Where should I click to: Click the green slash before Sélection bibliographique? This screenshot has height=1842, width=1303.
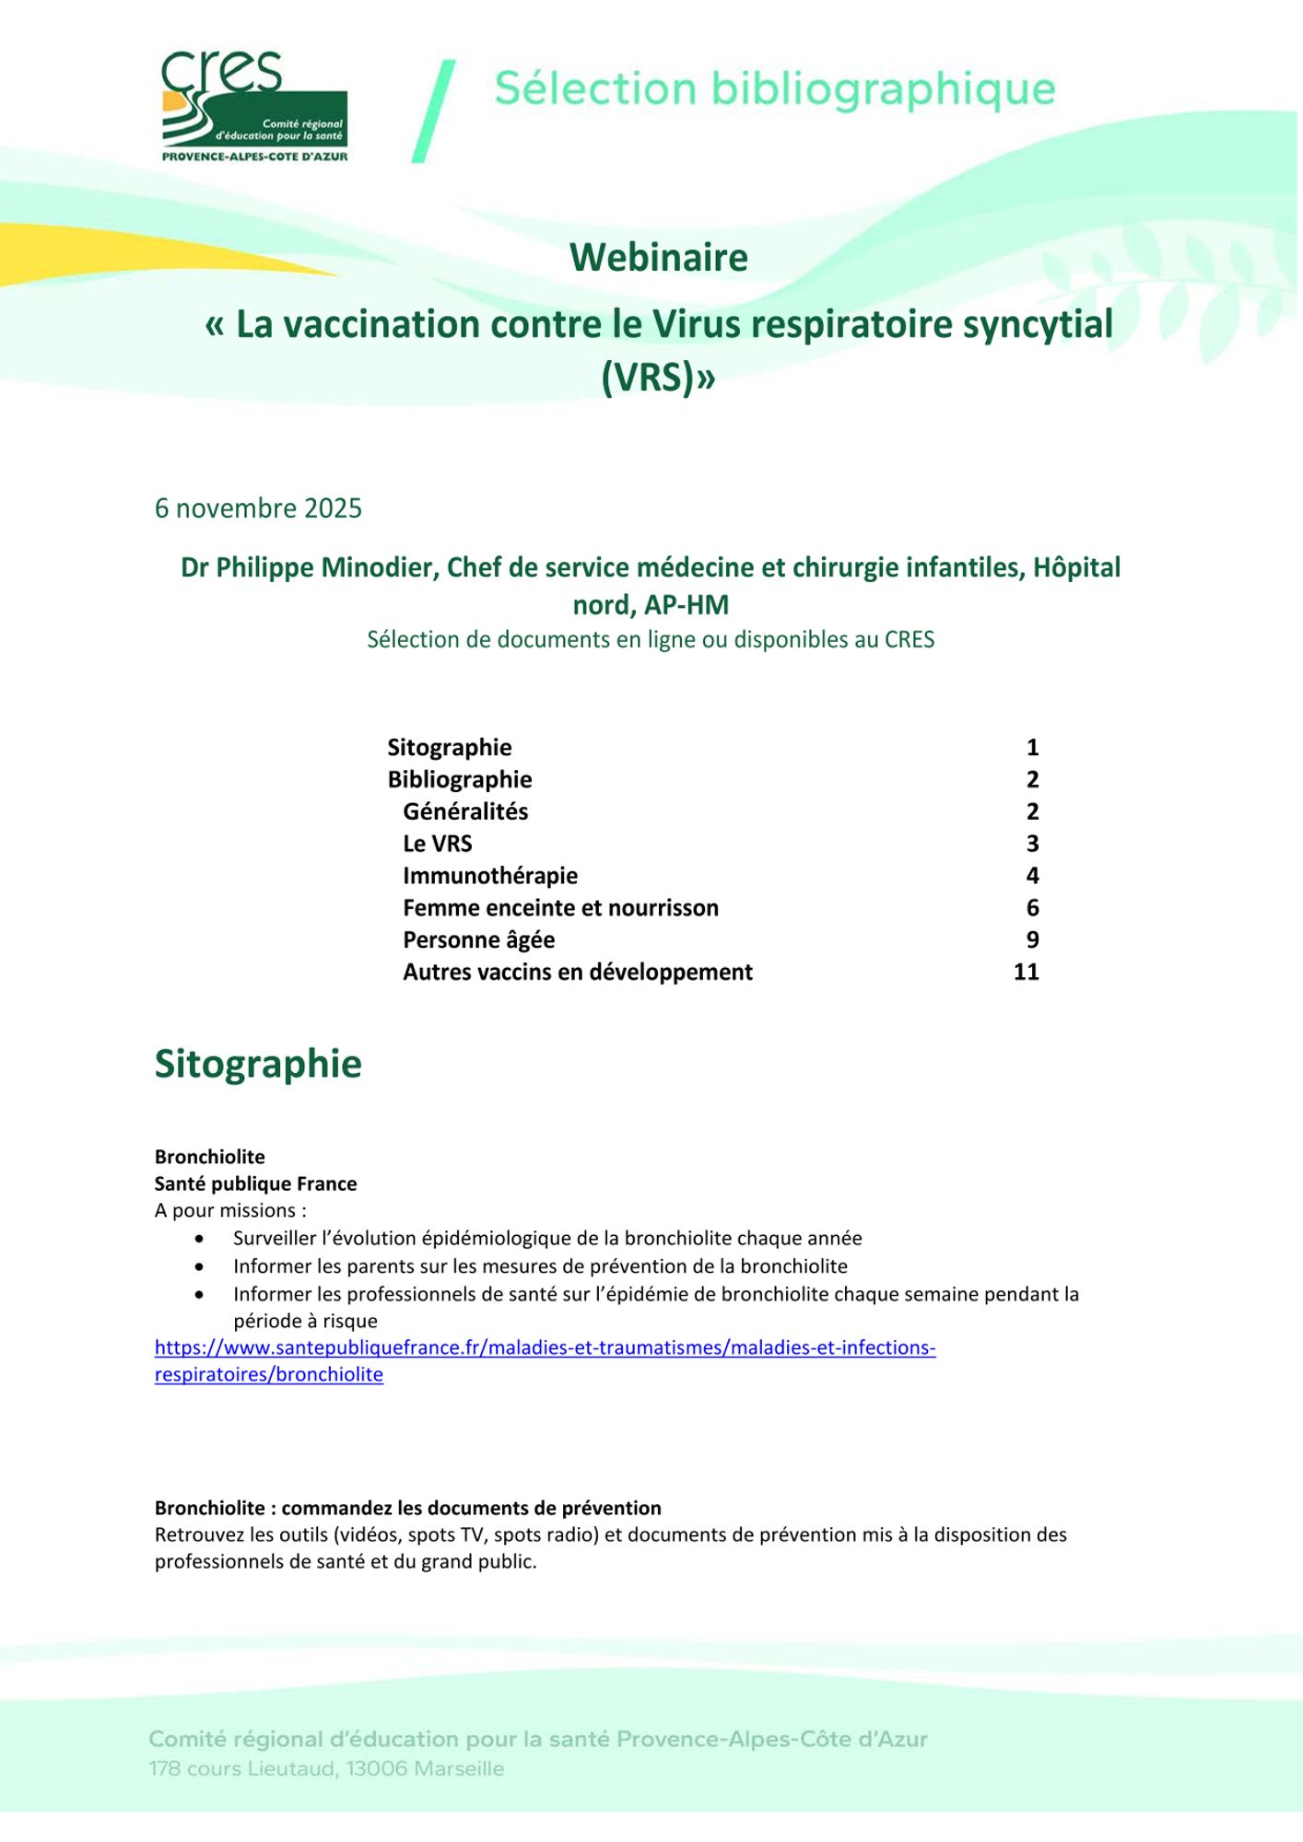[x=434, y=111]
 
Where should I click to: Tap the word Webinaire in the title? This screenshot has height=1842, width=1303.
[x=658, y=258]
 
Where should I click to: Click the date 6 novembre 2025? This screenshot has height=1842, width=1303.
[x=258, y=508]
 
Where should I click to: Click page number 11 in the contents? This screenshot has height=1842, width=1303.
[x=1026, y=973]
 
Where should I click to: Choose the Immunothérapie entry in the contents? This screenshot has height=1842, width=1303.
[x=490, y=876]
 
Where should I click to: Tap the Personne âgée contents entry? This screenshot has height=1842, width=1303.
[x=478, y=940]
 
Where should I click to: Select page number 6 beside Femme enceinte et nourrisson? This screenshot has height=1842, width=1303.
[x=1032, y=908]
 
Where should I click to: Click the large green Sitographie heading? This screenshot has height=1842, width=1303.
[x=258, y=1064]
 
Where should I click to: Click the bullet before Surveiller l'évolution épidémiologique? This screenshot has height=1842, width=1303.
[x=199, y=1240]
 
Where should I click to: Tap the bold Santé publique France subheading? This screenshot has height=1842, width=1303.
[x=255, y=1184]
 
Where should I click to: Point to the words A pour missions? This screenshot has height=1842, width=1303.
[x=230, y=1211]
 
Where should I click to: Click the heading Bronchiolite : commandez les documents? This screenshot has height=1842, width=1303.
[x=407, y=1509]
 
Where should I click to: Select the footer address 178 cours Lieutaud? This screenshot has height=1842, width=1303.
[x=326, y=1769]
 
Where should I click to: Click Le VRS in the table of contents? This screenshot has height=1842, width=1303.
[x=437, y=844]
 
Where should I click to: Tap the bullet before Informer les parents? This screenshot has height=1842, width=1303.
[x=199, y=1267]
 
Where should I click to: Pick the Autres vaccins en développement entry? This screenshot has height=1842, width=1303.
[x=578, y=973]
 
